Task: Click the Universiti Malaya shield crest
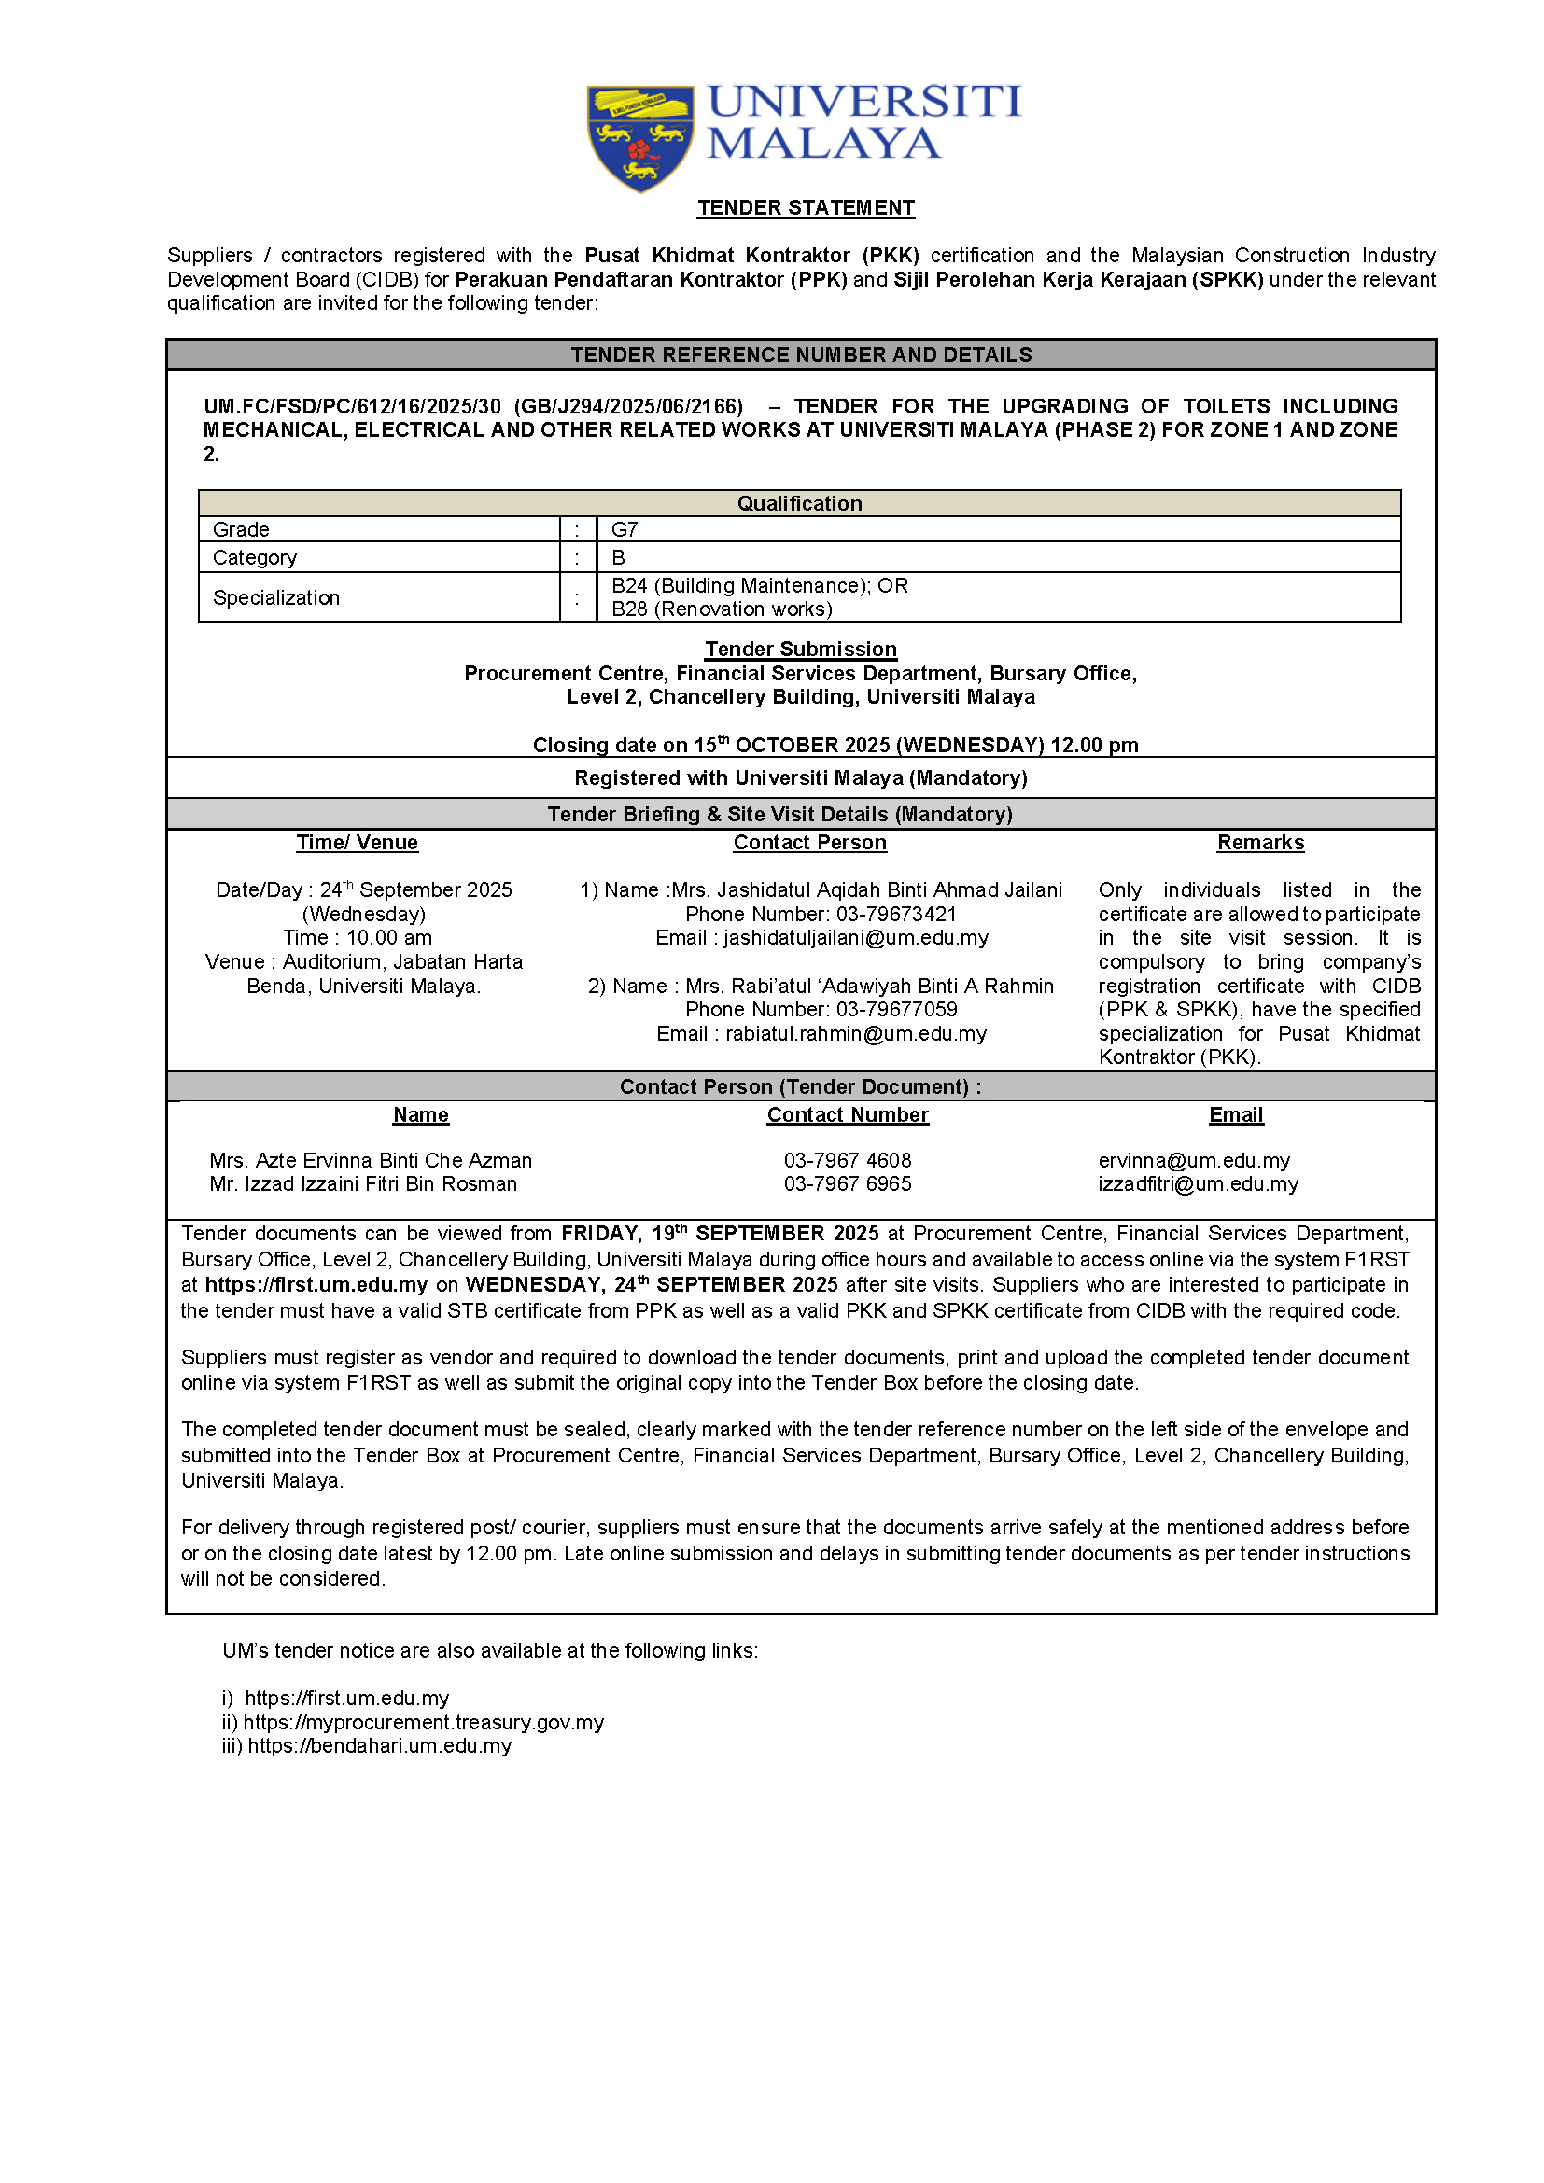tap(639, 137)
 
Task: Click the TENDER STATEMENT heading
tap(806, 207)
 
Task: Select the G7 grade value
tap(625, 529)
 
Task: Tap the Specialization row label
tap(275, 597)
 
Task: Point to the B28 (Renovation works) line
tap(722, 609)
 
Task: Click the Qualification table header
tap(800, 503)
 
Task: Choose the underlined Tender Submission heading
tap(801, 649)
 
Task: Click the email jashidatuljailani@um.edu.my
tap(856, 937)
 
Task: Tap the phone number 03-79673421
tap(895, 914)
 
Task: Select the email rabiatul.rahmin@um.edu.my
tap(856, 1033)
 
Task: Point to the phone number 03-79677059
tap(896, 1009)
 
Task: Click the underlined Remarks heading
tap(1259, 843)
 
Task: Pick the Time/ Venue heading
tap(357, 843)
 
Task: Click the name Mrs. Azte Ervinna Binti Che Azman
tap(371, 1160)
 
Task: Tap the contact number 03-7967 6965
tap(847, 1183)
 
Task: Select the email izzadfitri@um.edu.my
tap(1198, 1183)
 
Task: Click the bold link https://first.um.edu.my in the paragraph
tap(316, 1284)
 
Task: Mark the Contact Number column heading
tap(847, 1114)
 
